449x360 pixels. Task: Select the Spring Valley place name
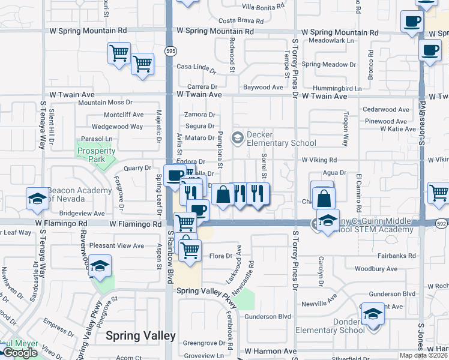tap(140, 336)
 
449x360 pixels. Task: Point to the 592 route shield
tap(441, 223)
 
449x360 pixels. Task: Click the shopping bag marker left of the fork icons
tap(223, 194)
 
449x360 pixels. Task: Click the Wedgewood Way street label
tap(117, 127)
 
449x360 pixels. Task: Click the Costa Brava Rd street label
tap(237, 20)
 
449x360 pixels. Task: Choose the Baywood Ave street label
tap(263, 88)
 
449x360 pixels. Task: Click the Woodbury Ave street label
tap(376, 269)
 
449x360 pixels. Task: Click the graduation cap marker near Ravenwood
tap(100, 265)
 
